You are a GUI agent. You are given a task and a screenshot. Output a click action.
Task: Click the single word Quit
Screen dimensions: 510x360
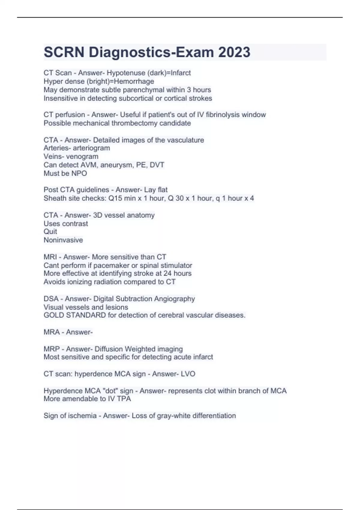(50, 232)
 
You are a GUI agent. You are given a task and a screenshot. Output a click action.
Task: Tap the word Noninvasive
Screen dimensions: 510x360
(63, 240)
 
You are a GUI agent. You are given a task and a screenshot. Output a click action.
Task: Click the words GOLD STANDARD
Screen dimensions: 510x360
(75, 315)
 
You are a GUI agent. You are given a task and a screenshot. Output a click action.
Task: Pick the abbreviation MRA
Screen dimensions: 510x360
(52, 332)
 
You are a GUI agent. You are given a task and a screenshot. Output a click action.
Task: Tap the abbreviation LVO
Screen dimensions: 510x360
(188, 374)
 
